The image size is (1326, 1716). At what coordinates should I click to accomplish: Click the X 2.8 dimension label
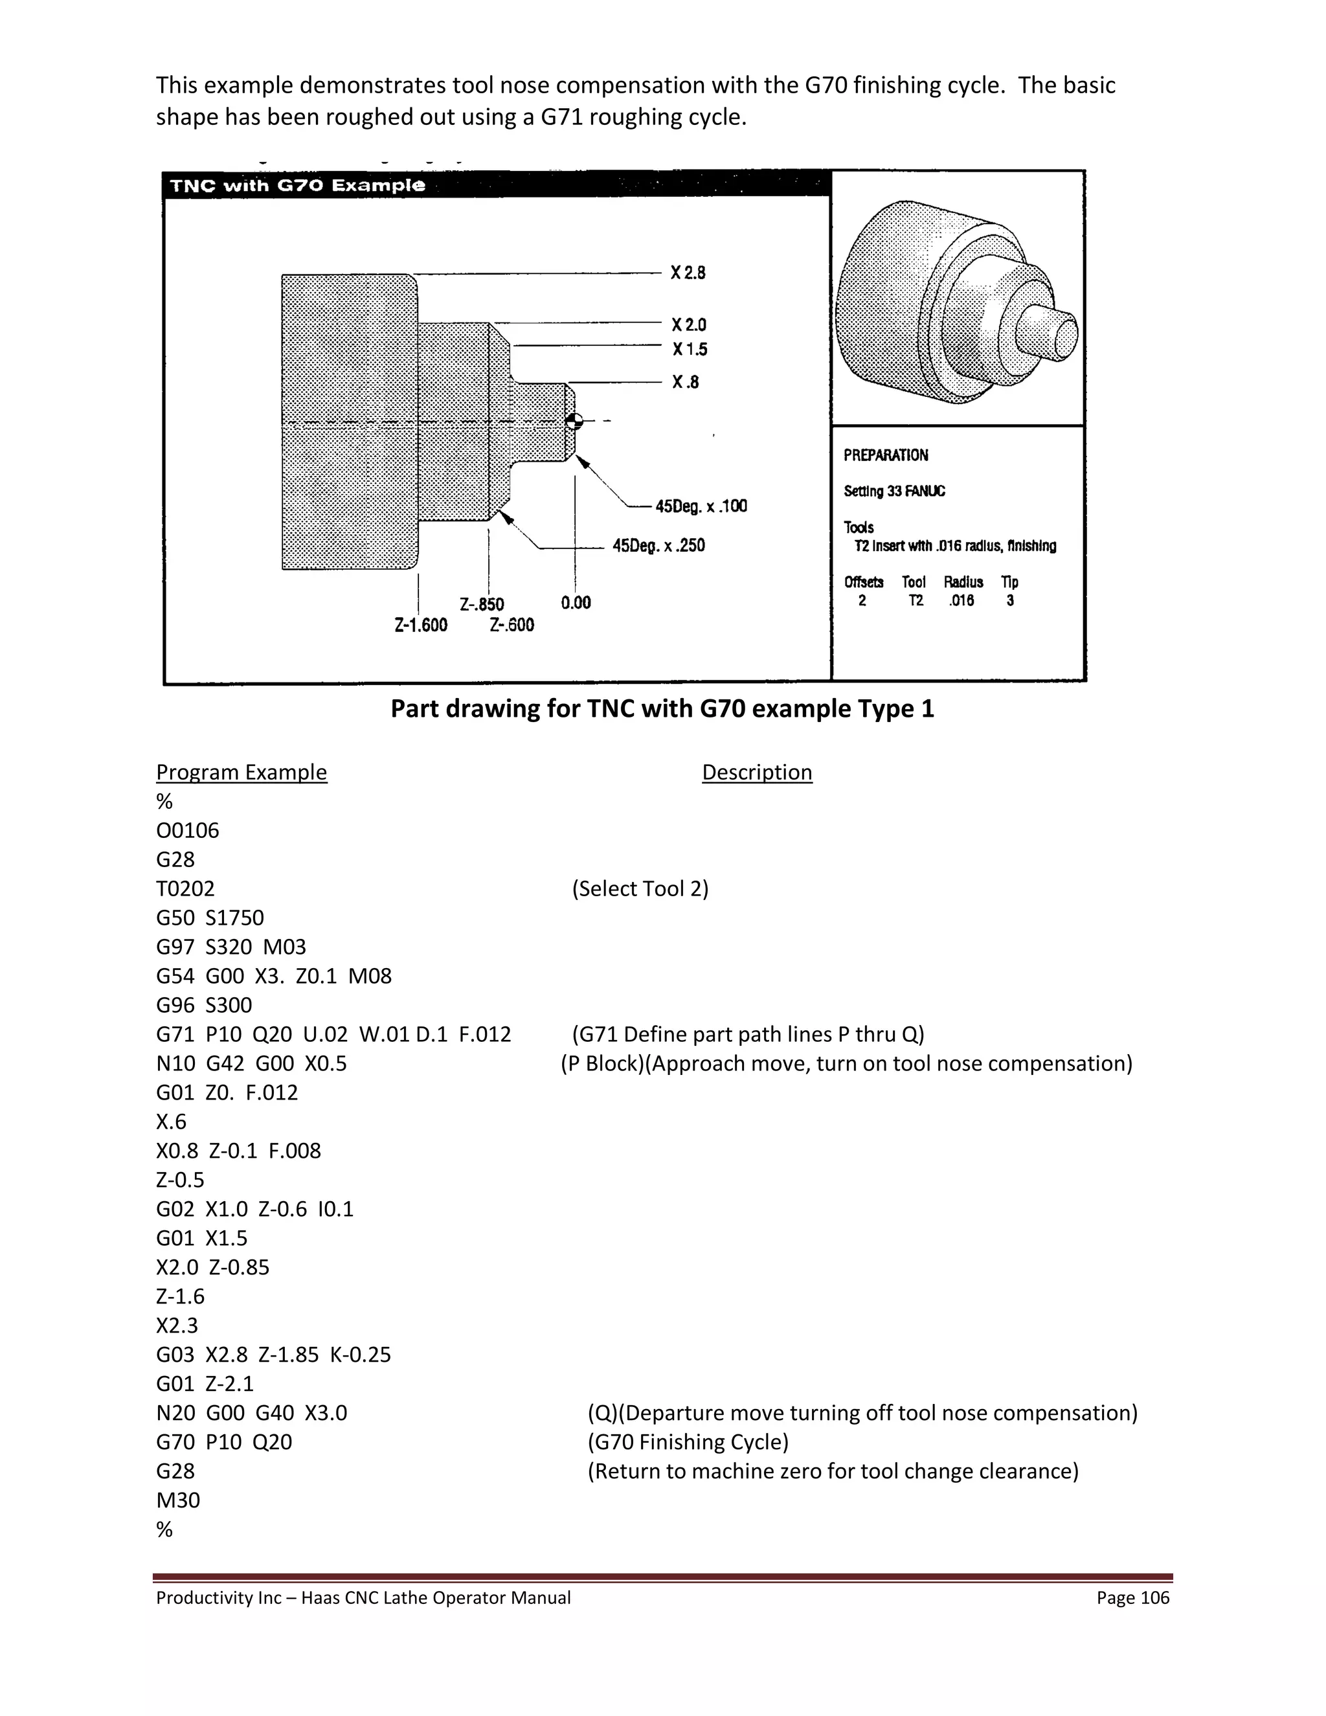tap(688, 273)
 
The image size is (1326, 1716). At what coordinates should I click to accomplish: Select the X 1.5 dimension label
tap(689, 349)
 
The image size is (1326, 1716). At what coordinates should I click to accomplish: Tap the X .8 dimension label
tap(685, 382)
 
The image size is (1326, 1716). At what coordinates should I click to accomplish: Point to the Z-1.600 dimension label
tap(420, 625)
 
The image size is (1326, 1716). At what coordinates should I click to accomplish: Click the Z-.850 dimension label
tap(482, 604)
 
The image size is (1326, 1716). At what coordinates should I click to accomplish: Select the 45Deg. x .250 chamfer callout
tap(658, 545)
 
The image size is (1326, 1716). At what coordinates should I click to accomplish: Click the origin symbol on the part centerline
tap(574, 420)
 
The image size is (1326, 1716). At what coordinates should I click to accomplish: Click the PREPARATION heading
tap(885, 455)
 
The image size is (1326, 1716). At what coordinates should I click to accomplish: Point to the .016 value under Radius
tap(961, 600)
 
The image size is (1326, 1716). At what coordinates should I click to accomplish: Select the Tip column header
tap(1009, 582)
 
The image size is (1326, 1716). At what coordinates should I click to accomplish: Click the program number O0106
tap(188, 831)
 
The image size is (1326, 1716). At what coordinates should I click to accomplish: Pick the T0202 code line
tap(185, 888)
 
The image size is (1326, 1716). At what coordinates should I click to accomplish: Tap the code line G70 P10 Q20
tap(224, 1442)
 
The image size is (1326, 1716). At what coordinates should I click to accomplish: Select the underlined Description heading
tap(756, 773)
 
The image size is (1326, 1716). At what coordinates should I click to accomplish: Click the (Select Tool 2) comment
tap(640, 888)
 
